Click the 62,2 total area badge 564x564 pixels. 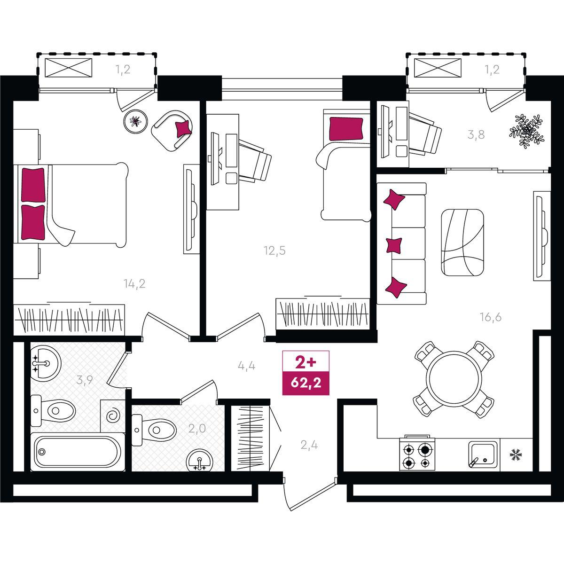click(305, 383)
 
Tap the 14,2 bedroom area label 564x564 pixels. click(134, 283)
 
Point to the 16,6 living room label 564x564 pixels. click(491, 317)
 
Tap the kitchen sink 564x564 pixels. click(483, 454)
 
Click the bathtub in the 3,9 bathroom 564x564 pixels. click(78, 452)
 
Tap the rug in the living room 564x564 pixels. click(462, 242)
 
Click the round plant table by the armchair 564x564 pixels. click(135, 121)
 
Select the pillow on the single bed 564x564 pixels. click(346, 129)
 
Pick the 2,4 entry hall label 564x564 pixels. click(309, 445)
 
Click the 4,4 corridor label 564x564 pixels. click(246, 366)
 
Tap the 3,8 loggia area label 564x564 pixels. click(476, 134)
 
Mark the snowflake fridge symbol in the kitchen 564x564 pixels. click(516, 455)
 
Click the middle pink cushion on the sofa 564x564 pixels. click(394, 245)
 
